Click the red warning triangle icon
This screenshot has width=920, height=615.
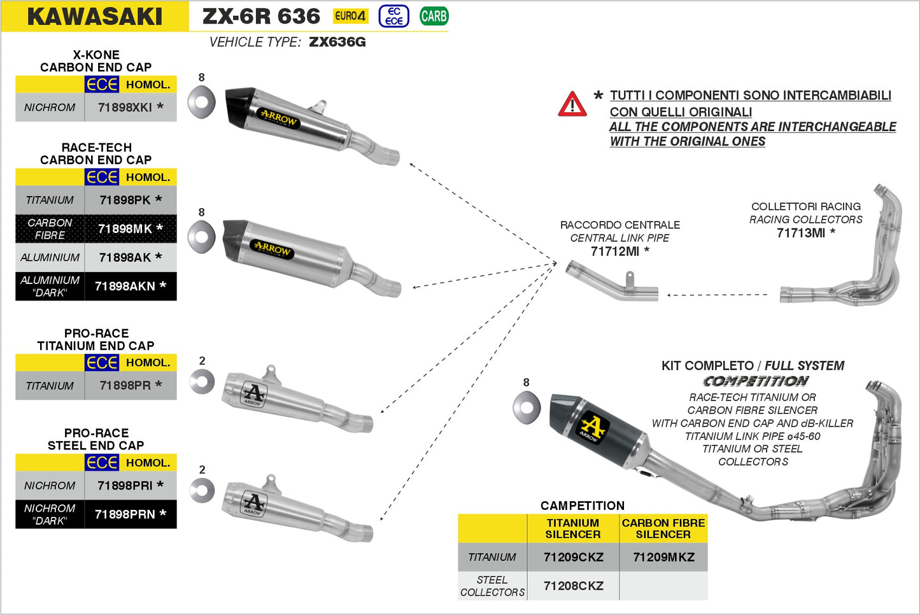[x=572, y=104]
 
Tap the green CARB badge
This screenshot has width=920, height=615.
[x=434, y=17]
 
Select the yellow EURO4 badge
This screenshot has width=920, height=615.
[x=350, y=17]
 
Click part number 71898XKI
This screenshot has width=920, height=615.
[x=125, y=108]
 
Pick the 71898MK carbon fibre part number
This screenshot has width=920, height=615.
[x=125, y=229]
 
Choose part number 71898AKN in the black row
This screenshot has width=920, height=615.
[x=125, y=286]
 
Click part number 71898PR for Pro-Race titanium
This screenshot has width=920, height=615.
[x=125, y=385]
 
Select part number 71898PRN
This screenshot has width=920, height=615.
[x=125, y=514]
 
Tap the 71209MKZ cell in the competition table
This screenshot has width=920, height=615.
[x=663, y=557]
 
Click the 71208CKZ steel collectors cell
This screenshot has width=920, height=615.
[x=573, y=586]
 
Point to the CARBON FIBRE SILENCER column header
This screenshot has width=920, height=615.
[x=663, y=528]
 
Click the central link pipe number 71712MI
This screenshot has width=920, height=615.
[x=615, y=251]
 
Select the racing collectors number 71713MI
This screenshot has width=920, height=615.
[x=801, y=233]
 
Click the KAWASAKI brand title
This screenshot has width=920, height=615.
[x=95, y=17]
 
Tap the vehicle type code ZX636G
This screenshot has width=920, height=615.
[x=337, y=42]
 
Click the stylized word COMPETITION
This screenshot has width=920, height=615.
[x=756, y=381]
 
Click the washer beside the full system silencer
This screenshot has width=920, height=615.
[x=527, y=407]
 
